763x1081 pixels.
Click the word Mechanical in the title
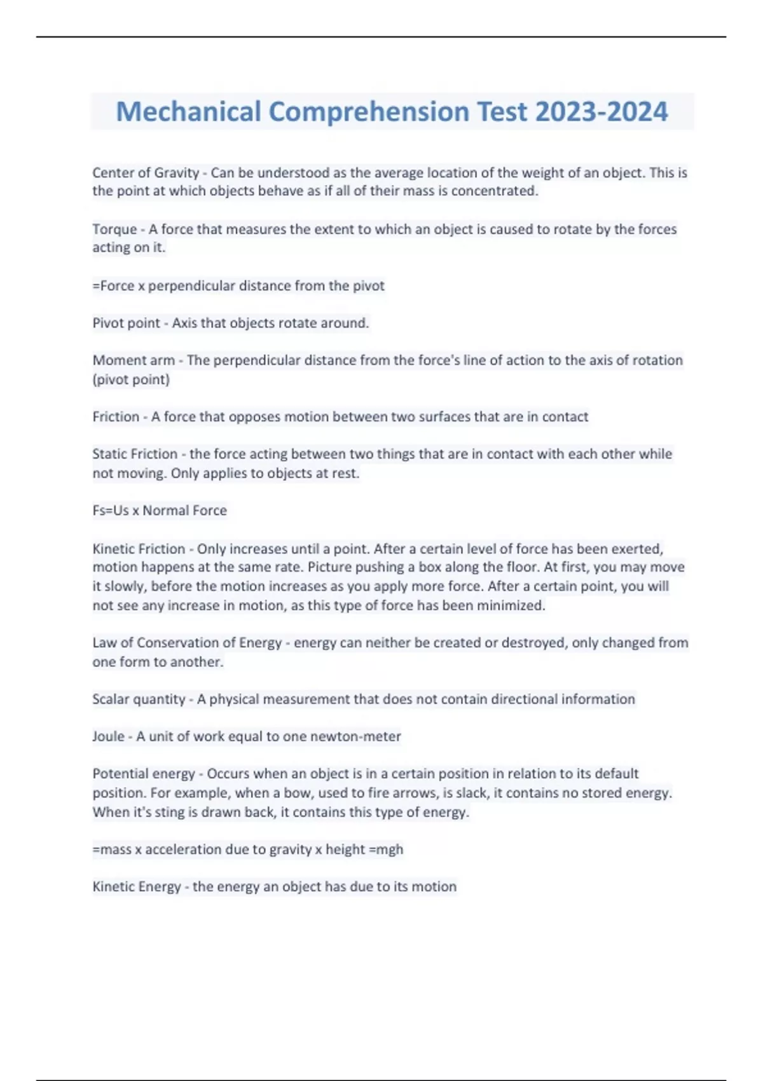188,112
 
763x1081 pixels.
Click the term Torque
114,230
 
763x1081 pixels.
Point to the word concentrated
494,191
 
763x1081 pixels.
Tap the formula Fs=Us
111,511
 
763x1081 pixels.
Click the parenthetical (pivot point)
131,380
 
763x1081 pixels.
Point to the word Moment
116,361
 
